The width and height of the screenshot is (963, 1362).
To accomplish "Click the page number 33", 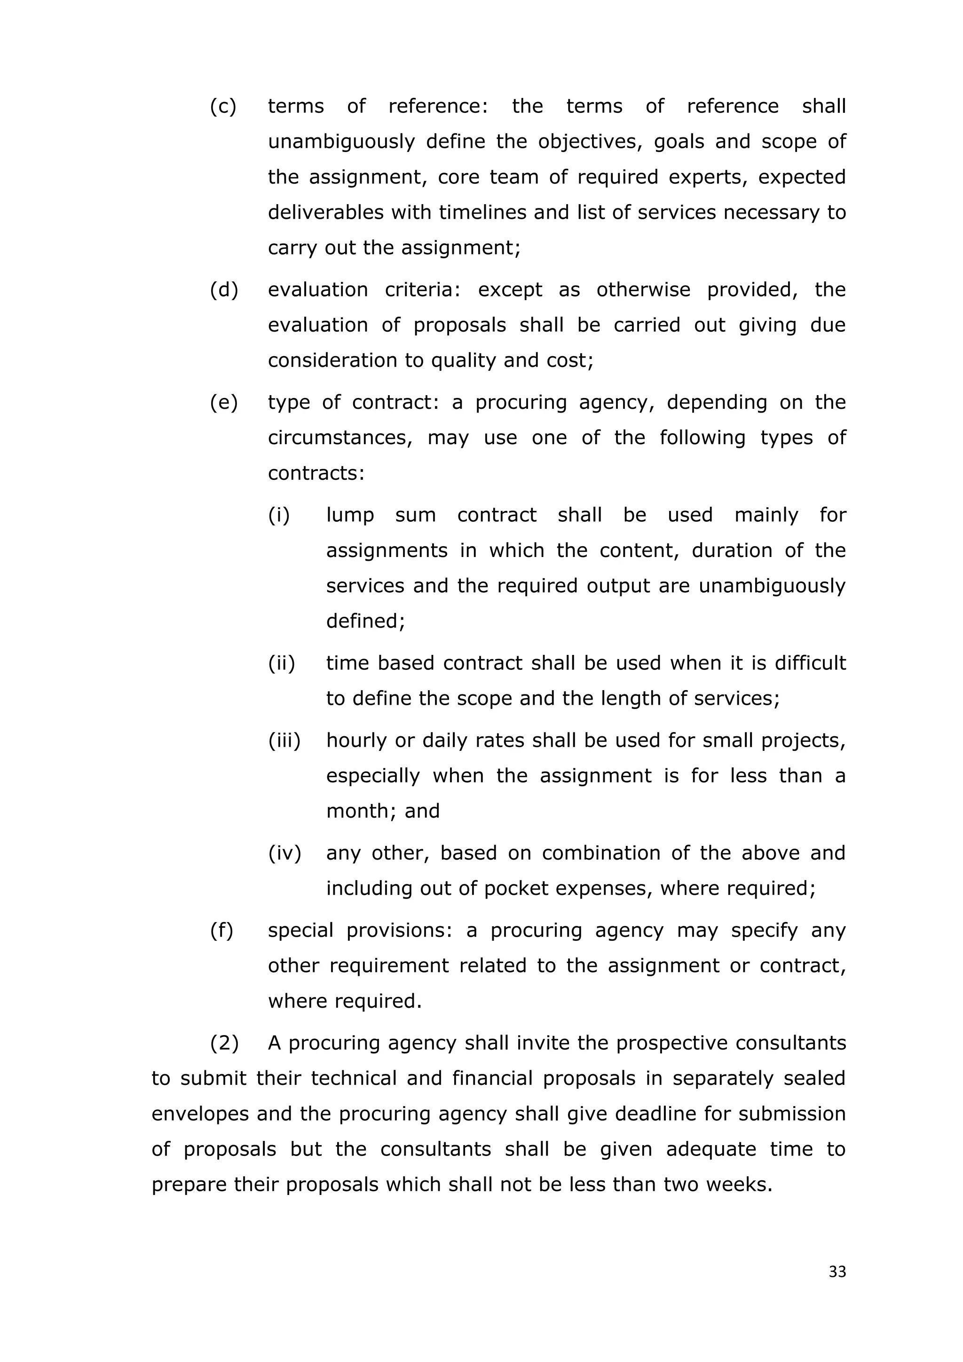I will coord(837,1271).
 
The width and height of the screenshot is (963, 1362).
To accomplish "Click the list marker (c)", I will coord(223,106).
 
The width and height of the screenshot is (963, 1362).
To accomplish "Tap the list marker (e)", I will coord(223,402).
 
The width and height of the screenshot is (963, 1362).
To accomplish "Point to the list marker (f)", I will coord(222,930).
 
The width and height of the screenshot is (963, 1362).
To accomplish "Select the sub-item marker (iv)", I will coord(284,852).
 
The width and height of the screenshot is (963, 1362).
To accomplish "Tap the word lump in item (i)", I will coord(350,515).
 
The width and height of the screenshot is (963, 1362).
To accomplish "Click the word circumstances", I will coord(340,438).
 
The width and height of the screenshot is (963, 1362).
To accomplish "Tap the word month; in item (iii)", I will coord(362,811).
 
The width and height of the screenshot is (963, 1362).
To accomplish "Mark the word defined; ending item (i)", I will coord(365,621).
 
